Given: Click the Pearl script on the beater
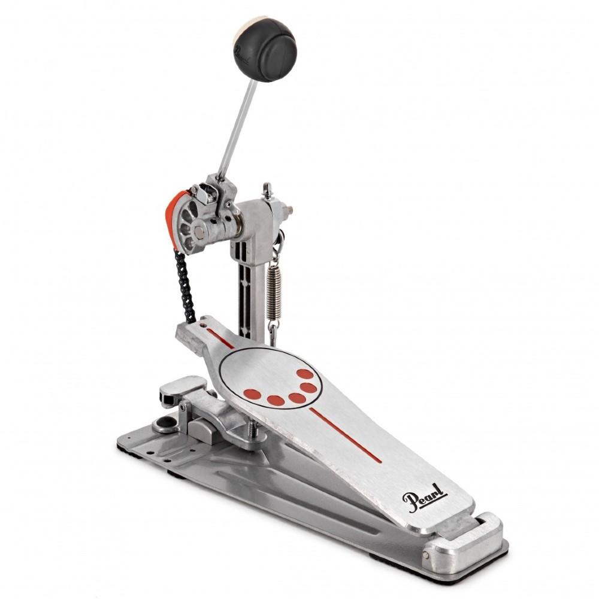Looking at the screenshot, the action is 243,55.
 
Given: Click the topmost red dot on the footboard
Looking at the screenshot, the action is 305,374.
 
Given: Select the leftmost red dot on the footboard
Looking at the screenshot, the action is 253,394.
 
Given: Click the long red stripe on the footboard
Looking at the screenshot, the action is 346,435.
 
